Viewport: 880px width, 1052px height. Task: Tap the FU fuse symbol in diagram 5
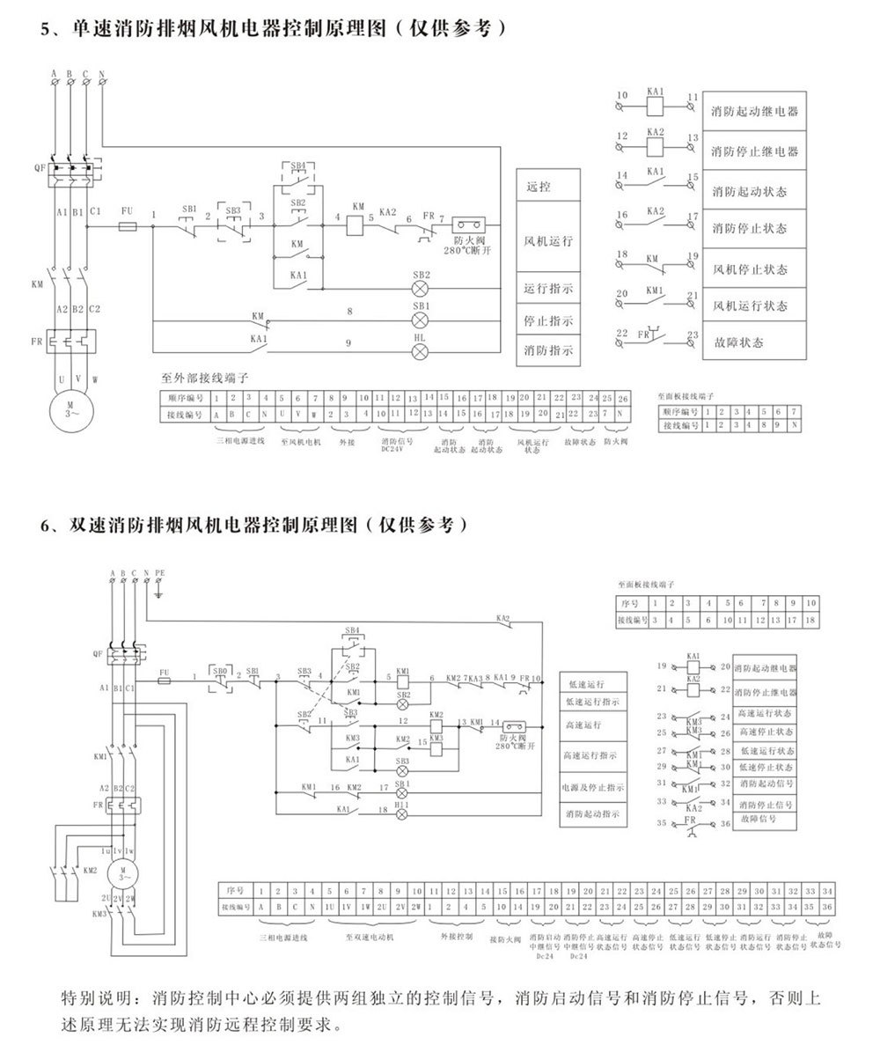click(128, 225)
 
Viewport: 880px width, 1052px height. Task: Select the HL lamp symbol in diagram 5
click(421, 351)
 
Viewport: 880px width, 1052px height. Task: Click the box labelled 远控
click(537, 187)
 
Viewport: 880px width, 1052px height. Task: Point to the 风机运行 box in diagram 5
click(548, 240)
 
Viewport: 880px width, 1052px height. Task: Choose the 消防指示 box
click(548, 350)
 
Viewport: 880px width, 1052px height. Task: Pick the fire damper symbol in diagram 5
click(466, 224)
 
